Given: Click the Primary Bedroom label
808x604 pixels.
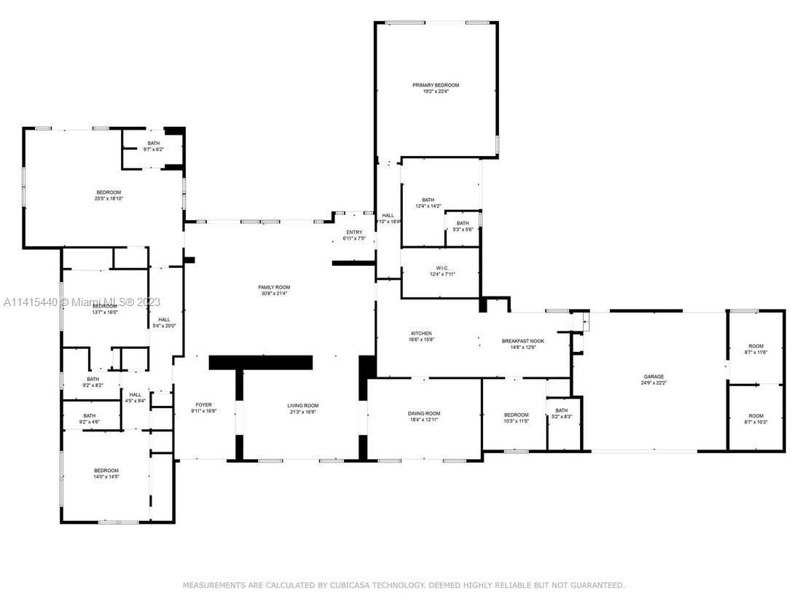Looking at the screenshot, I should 436,85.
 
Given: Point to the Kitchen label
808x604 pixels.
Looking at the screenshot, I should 421,334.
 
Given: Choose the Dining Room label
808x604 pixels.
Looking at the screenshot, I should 423,414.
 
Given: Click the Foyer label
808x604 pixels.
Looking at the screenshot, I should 203,404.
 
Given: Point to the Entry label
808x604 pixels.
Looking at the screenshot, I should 354,232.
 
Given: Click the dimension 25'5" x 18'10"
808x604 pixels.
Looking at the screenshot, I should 109,198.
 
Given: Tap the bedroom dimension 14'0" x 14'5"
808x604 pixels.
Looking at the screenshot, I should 106,476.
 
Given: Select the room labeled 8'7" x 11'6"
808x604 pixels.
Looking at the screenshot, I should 756,352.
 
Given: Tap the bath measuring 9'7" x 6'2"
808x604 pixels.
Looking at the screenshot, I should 153,149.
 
